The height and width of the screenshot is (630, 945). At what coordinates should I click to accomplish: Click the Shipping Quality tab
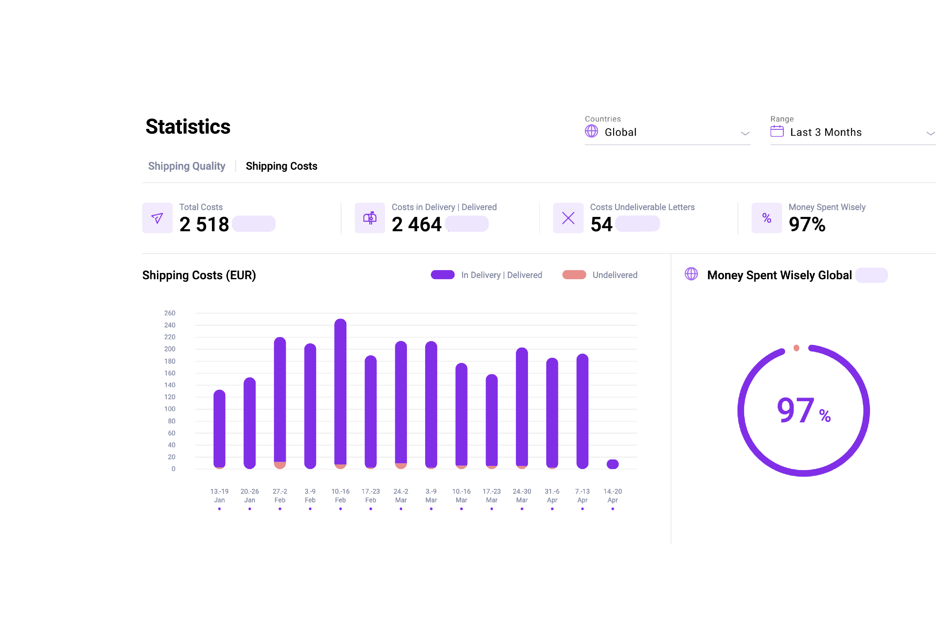[x=186, y=166]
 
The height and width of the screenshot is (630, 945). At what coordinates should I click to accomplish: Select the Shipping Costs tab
[x=281, y=166]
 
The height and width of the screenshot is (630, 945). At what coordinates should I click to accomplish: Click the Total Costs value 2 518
[x=204, y=224]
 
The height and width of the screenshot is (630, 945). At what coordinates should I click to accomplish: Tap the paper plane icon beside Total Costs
[x=157, y=218]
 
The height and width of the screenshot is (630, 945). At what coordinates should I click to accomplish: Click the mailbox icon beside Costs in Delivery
[x=370, y=218]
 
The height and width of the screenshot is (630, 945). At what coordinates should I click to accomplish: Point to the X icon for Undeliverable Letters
[x=568, y=218]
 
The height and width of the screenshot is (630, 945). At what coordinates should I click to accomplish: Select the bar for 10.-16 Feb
[x=340, y=394]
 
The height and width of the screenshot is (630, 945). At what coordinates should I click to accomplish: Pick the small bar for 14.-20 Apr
[x=612, y=464]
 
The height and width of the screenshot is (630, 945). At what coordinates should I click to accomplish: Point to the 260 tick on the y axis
[x=170, y=313]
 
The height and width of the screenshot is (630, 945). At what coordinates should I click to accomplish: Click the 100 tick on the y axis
[x=170, y=409]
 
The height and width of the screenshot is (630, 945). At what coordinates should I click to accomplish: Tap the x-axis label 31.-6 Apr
[x=552, y=495]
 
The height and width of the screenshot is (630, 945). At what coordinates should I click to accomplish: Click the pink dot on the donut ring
[x=796, y=348]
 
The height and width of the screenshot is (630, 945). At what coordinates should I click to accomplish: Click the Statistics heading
[x=188, y=126]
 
